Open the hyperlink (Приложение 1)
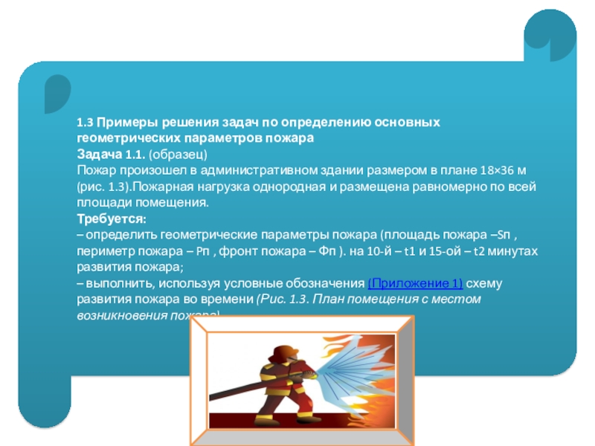[416, 284]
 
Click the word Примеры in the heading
[127, 122]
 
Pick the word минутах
[512, 251]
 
